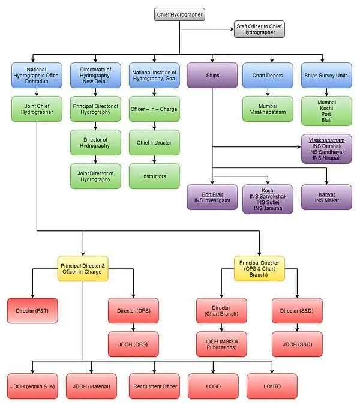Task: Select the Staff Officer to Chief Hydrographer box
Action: tap(259, 29)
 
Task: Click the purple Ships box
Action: tap(212, 76)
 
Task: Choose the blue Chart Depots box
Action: tap(268, 76)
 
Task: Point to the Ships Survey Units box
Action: tap(326, 76)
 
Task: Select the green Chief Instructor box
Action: tap(154, 143)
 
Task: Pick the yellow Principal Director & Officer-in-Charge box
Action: tap(83, 268)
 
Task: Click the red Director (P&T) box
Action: tap(33, 310)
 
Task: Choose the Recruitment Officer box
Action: tap(154, 386)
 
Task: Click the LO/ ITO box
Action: tap(271, 386)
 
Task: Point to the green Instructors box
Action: tap(154, 176)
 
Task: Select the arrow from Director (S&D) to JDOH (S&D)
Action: tap(298, 328)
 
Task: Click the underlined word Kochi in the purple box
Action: tap(268, 190)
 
